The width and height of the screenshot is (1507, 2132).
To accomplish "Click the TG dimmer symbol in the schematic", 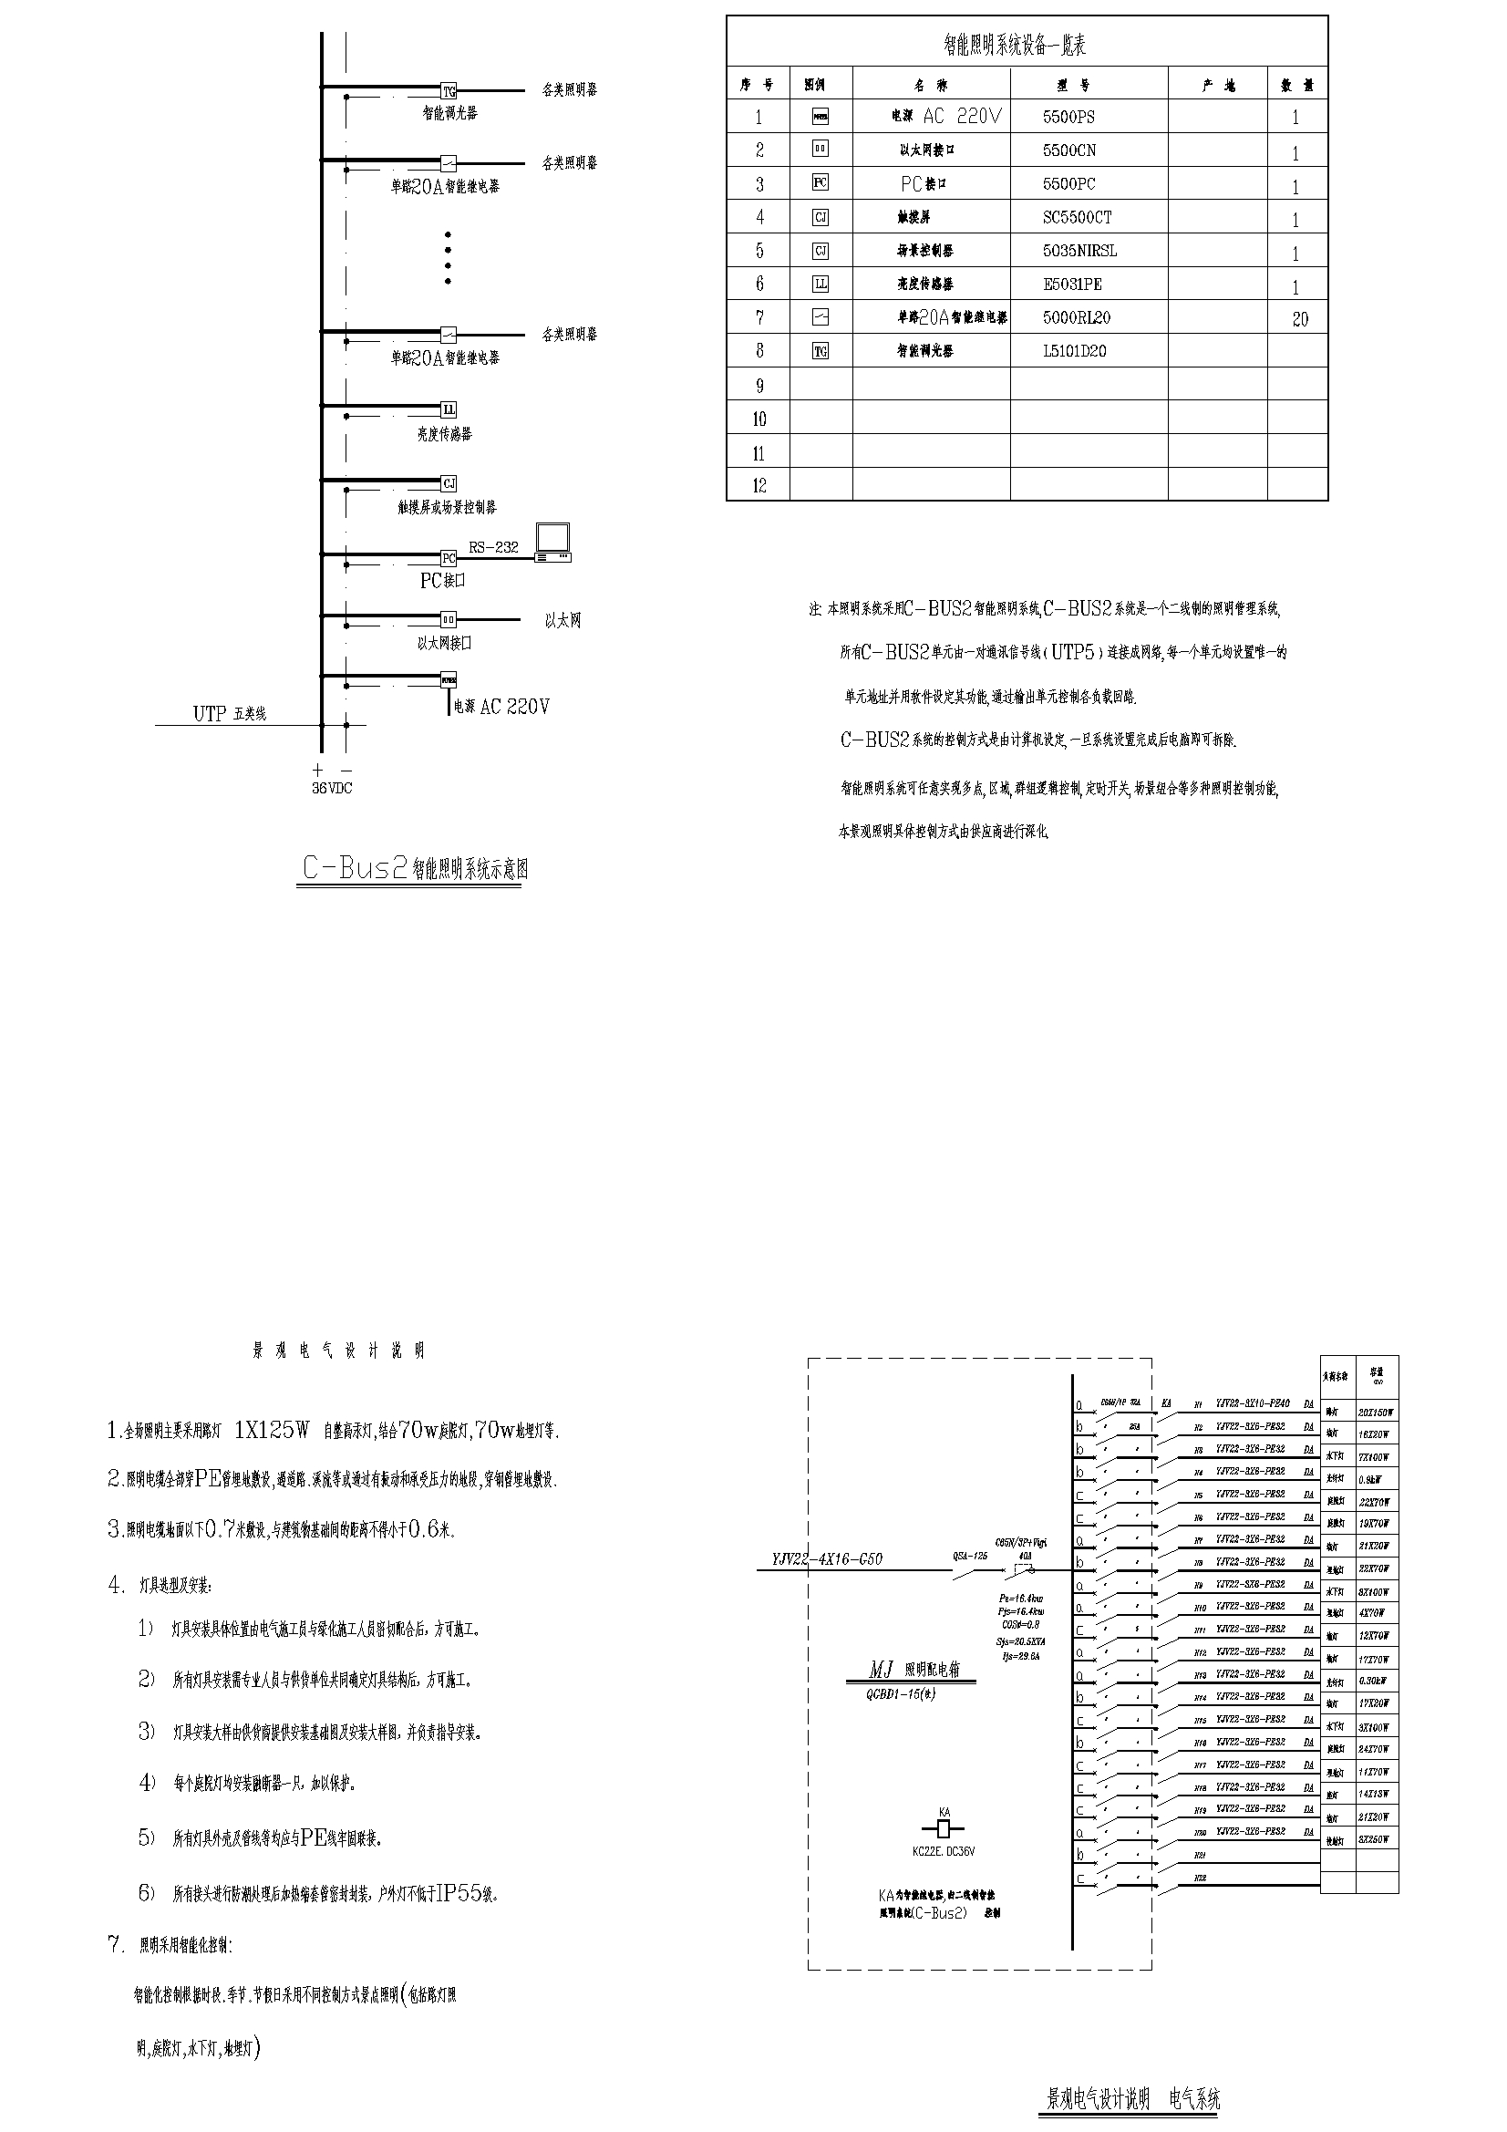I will tap(449, 91).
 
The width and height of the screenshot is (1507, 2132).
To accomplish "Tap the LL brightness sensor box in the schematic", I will tap(449, 409).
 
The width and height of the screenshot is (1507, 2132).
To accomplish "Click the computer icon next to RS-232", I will tap(553, 543).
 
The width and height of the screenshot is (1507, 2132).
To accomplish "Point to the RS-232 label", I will tap(493, 548).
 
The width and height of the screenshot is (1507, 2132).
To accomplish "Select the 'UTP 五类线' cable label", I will tap(230, 714).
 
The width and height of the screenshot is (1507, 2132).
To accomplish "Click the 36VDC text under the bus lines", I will tap(332, 789).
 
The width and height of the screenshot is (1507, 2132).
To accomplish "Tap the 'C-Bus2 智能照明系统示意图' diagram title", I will tap(415, 869).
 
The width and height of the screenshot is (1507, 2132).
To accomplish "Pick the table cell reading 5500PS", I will tap(1068, 117).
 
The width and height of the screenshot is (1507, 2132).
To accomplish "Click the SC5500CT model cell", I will tap(1076, 217).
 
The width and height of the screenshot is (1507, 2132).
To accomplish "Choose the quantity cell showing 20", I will tap(1299, 319).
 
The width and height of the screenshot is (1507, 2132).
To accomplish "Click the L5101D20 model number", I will tap(1074, 351).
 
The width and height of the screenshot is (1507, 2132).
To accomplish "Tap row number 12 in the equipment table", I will tap(759, 486).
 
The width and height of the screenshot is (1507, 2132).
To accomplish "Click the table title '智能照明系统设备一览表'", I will tap(1014, 45).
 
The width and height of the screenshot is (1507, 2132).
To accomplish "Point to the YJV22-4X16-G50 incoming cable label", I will tap(826, 1559).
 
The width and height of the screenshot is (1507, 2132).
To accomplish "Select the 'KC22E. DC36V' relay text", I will tap(944, 1850).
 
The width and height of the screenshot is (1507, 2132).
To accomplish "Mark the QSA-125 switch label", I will tap(969, 1556).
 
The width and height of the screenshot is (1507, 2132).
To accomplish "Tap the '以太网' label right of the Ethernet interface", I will tap(562, 621).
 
